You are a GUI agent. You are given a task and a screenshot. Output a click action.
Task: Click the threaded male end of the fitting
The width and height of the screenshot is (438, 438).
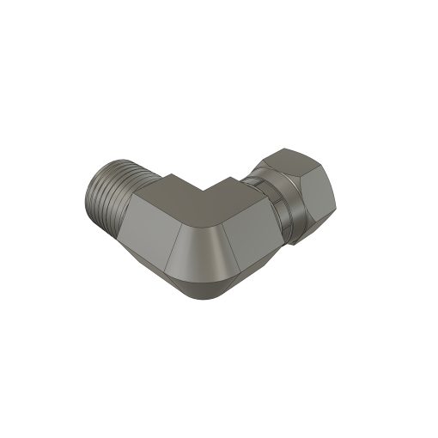point(110,195)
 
